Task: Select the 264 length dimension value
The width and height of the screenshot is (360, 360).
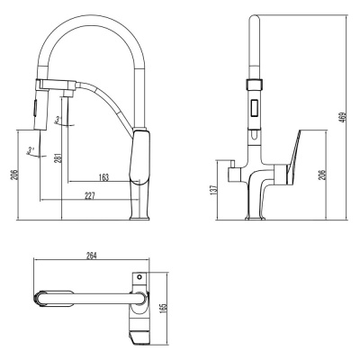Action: coord(92,256)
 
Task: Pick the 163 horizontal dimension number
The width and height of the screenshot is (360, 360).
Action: coord(104,177)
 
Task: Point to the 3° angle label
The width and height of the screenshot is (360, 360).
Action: coord(58,119)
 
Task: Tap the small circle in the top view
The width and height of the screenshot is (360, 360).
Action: coord(138,274)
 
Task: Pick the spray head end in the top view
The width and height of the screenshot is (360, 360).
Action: coord(43,298)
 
